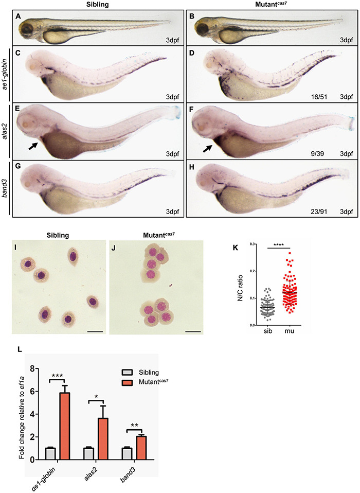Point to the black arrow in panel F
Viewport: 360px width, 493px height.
pos(208,150)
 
